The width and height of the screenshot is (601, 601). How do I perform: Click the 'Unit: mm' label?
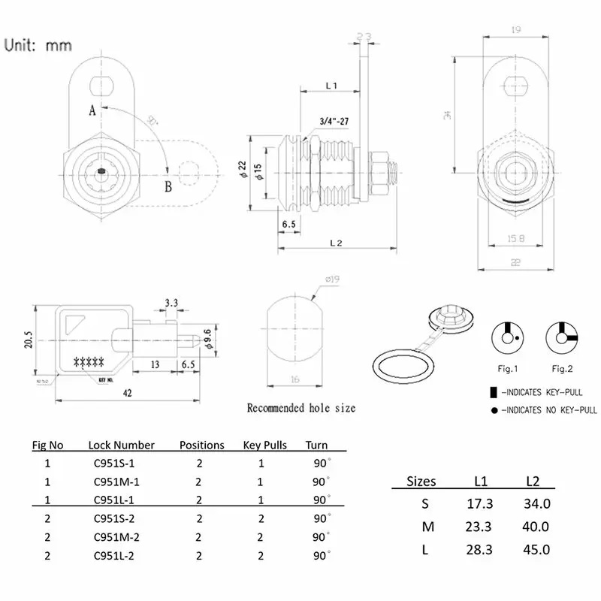point(39,45)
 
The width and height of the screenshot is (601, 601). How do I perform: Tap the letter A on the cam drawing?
point(92,110)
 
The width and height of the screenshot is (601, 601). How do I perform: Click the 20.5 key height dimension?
point(27,339)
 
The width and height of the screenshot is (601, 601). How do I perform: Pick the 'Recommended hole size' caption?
point(301,408)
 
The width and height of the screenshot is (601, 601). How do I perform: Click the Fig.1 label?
point(509,368)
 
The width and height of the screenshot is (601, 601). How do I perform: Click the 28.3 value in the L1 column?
point(477,549)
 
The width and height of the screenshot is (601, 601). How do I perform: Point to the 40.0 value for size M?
point(536,527)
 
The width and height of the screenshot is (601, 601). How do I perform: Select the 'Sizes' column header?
point(421,482)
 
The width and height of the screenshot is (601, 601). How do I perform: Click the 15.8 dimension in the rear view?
point(515,240)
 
